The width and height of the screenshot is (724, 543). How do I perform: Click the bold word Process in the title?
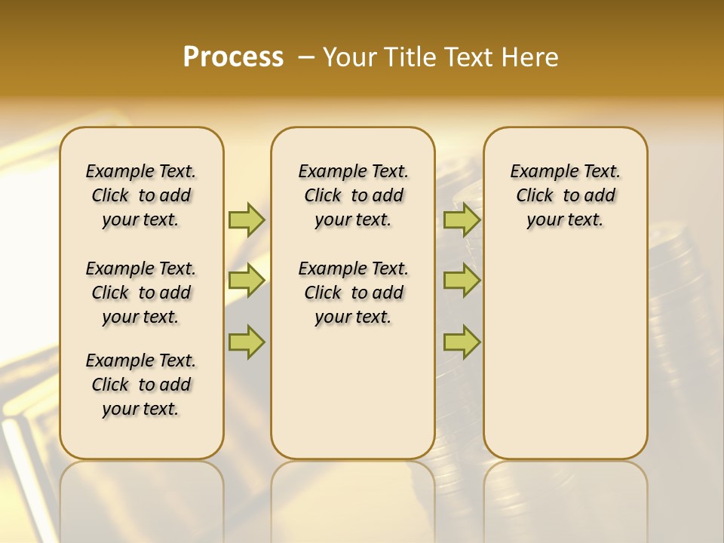coord(233,57)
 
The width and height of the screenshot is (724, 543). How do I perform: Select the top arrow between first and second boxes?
coord(247,219)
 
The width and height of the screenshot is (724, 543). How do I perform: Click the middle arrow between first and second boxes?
coord(247,281)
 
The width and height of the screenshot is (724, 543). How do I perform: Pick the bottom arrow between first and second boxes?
coord(247,342)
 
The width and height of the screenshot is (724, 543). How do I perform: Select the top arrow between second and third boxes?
coord(462,219)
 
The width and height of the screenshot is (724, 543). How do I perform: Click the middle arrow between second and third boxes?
coord(462,281)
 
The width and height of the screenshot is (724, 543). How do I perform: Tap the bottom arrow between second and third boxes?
coord(462,342)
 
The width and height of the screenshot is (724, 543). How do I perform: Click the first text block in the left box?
coord(141,195)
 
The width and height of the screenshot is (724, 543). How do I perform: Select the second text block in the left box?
coord(141,293)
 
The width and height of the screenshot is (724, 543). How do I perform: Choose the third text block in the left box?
coord(141,385)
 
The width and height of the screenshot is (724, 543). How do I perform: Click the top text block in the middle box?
coord(353,195)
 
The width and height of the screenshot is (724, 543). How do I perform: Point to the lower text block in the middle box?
coord(353,293)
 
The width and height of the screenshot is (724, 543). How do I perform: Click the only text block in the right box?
coord(565,195)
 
